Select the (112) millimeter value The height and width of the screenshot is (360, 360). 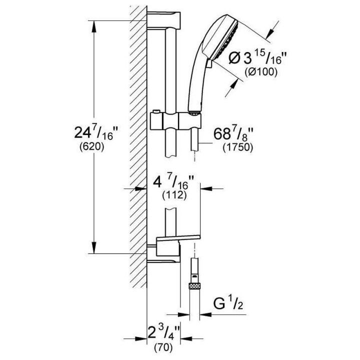pos(174,195)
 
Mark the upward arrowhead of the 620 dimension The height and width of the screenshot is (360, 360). pos(94,25)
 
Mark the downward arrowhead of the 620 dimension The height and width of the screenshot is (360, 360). pos(94,249)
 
